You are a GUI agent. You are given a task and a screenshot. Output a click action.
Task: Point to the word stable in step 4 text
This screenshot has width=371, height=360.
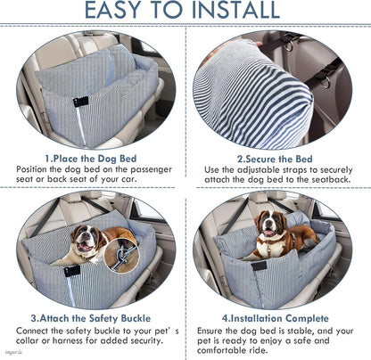283,331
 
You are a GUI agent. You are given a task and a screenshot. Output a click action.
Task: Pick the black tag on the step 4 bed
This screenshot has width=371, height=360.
260,266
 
